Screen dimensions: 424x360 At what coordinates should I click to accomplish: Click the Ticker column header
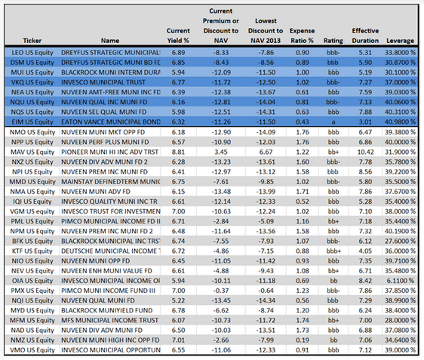click(x=32, y=41)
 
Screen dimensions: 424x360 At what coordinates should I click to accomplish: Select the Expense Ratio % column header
click(x=302, y=35)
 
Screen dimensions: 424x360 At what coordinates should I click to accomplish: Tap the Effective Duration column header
click(x=365, y=35)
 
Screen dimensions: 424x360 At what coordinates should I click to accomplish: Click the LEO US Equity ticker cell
click(x=32, y=53)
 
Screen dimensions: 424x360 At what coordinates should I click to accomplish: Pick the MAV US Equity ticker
click(x=32, y=152)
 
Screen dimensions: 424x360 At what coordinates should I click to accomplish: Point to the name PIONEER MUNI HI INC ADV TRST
click(x=110, y=152)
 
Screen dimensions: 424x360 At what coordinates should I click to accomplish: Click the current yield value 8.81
click(x=179, y=152)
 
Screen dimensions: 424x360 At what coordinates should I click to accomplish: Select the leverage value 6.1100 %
click(x=400, y=281)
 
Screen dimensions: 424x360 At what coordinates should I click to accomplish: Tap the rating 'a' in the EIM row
click(x=333, y=122)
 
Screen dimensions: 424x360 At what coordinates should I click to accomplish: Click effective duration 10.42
click(x=365, y=152)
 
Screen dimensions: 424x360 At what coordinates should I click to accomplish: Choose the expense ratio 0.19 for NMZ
click(x=303, y=340)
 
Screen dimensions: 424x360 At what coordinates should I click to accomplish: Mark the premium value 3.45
click(x=221, y=152)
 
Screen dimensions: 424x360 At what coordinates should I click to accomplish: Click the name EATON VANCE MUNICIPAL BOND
click(x=111, y=122)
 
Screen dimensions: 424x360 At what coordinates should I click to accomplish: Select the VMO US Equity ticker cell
click(x=32, y=350)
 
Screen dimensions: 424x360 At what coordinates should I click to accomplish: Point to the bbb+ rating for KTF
click(x=333, y=251)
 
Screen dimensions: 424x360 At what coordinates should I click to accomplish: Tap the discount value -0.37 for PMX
click(x=221, y=291)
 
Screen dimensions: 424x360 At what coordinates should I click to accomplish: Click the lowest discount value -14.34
click(x=266, y=300)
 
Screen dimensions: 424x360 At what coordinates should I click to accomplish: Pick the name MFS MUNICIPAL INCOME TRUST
click(x=110, y=320)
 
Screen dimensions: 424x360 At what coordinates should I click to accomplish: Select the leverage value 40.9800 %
click(x=400, y=122)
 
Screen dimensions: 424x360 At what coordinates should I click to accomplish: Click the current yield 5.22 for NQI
click(x=179, y=300)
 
